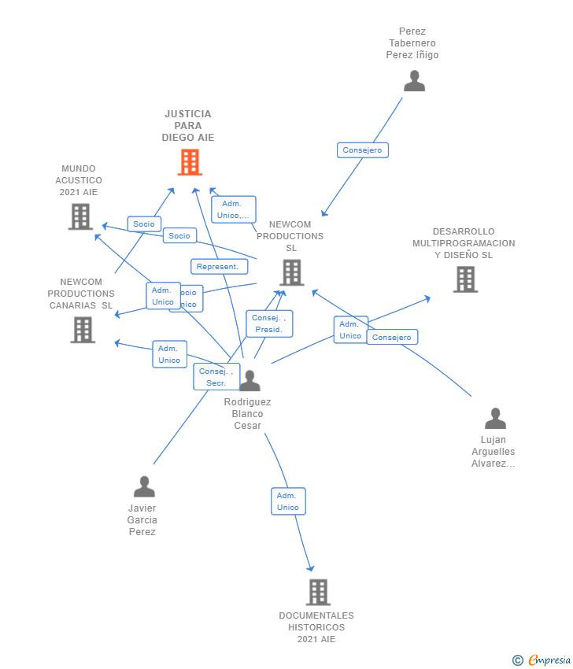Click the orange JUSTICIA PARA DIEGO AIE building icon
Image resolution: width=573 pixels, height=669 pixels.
(190, 162)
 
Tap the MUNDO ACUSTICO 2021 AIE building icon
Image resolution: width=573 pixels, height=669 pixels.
(80, 216)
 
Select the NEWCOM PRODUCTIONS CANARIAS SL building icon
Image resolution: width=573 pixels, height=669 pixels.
(83, 330)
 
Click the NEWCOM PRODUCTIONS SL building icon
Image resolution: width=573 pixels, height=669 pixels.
(291, 272)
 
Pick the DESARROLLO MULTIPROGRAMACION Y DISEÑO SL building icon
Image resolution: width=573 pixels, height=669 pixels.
(465, 279)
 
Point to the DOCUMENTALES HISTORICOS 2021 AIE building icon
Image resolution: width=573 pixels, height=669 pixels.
(318, 592)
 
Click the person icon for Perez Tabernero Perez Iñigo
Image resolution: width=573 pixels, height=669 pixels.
(414, 81)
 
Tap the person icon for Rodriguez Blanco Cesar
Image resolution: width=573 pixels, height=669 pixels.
(250, 381)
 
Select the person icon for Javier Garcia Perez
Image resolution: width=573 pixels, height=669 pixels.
(144, 486)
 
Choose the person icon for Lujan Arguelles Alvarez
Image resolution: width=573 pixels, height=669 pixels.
(495, 418)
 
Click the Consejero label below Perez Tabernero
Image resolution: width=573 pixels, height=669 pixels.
(363, 150)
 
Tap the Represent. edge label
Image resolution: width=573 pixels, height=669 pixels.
(217, 267)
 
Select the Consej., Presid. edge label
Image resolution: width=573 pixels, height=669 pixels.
(269, 323)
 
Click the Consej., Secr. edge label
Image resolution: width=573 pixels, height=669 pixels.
(216, 377)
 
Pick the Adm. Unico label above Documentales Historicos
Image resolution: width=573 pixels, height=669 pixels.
(288, 501)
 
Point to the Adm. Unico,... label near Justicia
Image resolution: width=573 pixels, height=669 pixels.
(234, 209)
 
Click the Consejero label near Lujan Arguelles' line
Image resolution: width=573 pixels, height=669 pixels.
(392, 337)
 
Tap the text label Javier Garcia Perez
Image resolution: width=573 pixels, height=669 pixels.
(142, 519)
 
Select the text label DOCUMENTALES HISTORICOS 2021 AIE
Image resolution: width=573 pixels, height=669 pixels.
(316, 627)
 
